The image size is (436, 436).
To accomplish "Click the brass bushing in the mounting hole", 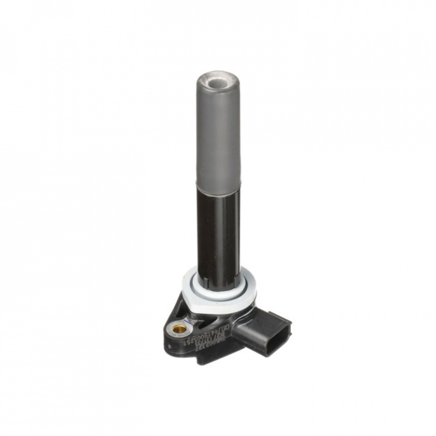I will click(179, 331).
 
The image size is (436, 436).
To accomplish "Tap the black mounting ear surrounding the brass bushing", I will click(173, 321).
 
